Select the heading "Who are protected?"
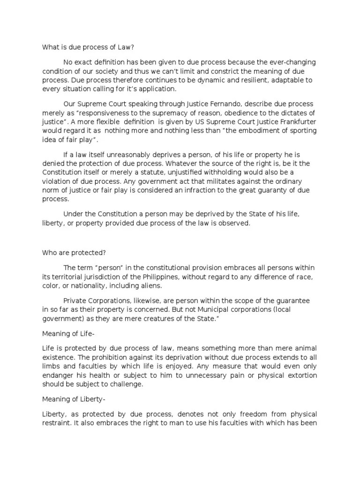tap(74, 252)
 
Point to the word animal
tap(307, 347)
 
